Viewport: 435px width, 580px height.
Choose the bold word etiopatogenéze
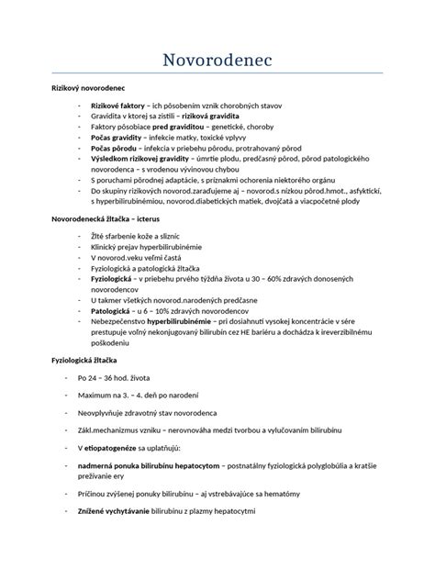point(129,447)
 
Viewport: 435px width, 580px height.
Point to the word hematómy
point(325,494)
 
